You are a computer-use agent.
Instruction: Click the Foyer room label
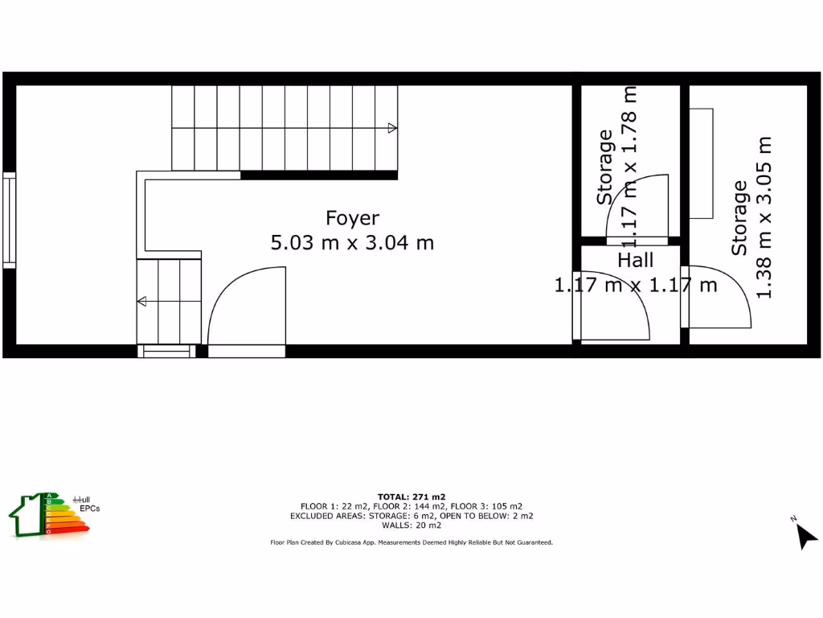click(352, 218)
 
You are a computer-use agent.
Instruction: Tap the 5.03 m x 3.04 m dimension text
click(352, 242)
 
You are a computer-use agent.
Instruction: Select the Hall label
click(636, 260)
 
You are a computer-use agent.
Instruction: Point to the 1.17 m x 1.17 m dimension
click(636, 284)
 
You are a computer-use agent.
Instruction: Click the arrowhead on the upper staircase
click(392, 128)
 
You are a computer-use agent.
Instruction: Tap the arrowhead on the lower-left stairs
click(141, 302)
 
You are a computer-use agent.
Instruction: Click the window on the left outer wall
click(9, 220)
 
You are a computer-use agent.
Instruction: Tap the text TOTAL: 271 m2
click(411, 496)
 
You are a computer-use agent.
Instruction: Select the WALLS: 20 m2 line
click(411, 525)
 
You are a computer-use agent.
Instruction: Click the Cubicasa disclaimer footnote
click(411, 543)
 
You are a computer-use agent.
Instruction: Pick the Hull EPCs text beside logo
click(87, 504)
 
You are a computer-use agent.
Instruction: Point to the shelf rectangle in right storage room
click(702, 163)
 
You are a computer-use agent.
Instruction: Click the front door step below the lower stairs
click(167, 351)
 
